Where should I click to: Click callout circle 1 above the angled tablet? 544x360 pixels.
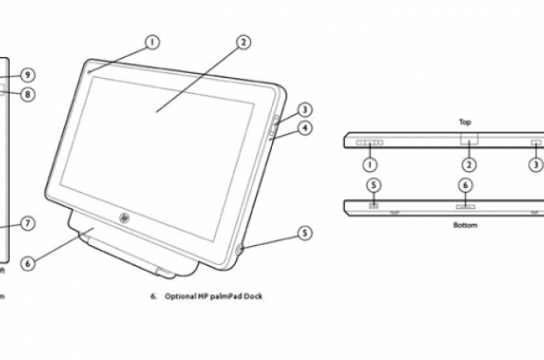tap(152, 41)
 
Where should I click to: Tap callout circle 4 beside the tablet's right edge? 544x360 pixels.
tap(304, 128)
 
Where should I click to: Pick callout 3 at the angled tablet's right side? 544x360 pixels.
tap(304, 110)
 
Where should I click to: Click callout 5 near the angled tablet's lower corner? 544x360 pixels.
tap(304, 234)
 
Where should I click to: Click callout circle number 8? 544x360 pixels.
tap(28, 94)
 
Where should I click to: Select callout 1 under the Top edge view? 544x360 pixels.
tap(370, 164)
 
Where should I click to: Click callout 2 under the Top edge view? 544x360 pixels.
tap(469, 164)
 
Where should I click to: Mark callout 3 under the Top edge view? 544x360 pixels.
tap(536, 164)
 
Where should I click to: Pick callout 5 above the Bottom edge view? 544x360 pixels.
tap(374, 185)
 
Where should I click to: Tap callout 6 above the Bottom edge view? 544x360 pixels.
tap(466, 185)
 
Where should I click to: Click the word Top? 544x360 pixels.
tap(467, 123)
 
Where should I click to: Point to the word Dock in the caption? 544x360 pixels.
tap(253, 297)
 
